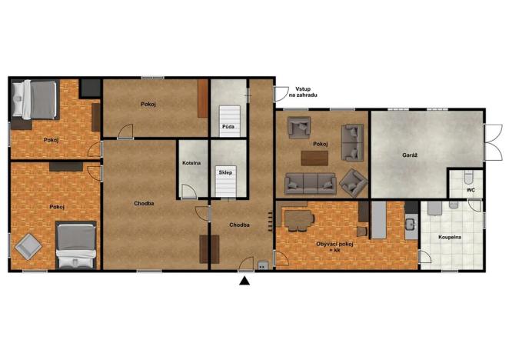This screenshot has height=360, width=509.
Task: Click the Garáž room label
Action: (x=409, y=155)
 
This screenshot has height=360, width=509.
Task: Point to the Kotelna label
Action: (x=191, y=164)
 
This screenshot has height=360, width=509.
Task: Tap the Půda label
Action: (x=228, y=125)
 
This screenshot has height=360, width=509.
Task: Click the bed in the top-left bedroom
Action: (x=35, y=101)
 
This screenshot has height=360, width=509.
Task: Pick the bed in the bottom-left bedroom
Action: (x=75, y=244)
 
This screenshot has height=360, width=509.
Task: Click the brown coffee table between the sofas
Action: (x=314, y=158)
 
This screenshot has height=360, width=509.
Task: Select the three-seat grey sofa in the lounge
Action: (x=310, y=183)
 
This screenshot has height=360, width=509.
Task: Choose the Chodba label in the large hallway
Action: (x=144, y=204)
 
